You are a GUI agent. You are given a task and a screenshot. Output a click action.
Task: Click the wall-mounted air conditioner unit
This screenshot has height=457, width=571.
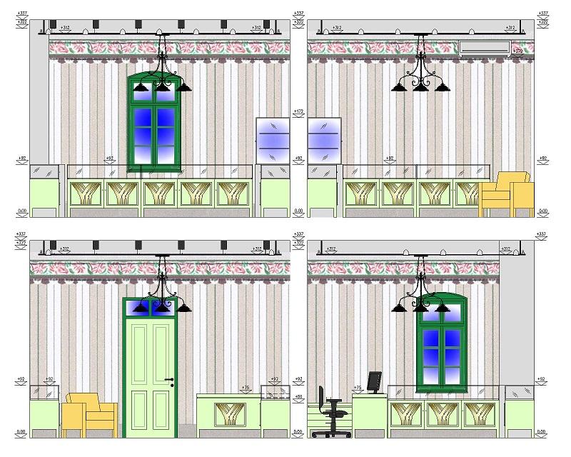(x=484, y=48)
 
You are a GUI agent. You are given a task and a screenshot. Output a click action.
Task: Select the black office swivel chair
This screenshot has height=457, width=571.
(x=330, y=411)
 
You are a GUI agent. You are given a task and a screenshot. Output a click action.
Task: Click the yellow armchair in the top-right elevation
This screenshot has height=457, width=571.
(x=507, y=195)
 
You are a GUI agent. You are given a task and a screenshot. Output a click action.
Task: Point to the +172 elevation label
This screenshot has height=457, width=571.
(x=300, y=112)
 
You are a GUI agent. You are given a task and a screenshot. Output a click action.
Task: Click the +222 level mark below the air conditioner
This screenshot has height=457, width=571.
(x=517, y=52)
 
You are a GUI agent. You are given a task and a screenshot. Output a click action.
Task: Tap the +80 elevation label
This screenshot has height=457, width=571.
(x=300, y=397)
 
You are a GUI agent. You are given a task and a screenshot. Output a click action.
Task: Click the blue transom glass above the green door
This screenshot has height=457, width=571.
(x=149, y=307)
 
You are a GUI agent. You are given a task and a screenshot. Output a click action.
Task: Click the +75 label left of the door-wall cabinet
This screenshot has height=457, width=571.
(x=246, y=388)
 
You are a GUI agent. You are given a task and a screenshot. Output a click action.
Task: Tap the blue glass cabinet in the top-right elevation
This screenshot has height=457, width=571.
(x=325, y=141)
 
